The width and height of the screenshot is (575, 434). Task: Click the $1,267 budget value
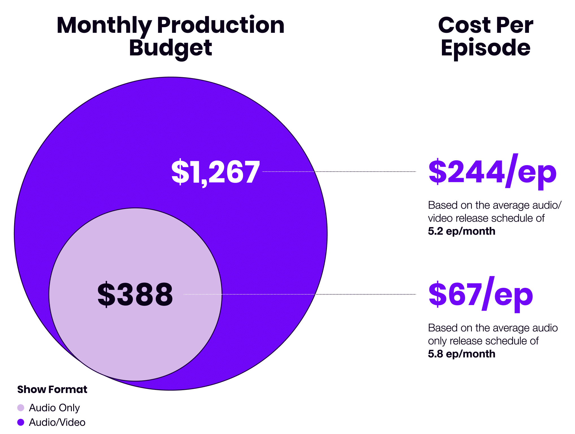(x=215, y=172)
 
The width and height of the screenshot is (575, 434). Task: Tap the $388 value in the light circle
(x=135, y=294)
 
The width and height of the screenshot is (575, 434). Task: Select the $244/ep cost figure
(x=492, y=172)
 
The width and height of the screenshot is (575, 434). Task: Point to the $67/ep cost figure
(x=480, y=295)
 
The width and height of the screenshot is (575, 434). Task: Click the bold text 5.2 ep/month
(x=461, y=231)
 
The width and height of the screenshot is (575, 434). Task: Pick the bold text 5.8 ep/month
(x=461, y=354)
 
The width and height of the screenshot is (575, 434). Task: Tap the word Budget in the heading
(x=170, y=48)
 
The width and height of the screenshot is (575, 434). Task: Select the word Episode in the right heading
(x=485, y=48)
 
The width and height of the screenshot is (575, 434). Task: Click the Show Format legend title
(x=52, y=390)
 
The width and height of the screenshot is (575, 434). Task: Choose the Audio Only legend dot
(x=21, y=408)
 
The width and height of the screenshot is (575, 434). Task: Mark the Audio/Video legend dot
(x=21, y=422)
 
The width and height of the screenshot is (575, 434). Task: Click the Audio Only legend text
(x=54, y=408)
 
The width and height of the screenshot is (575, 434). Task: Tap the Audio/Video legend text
(x=57, y=422)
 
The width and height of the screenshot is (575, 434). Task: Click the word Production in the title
(x=220, y=25)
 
